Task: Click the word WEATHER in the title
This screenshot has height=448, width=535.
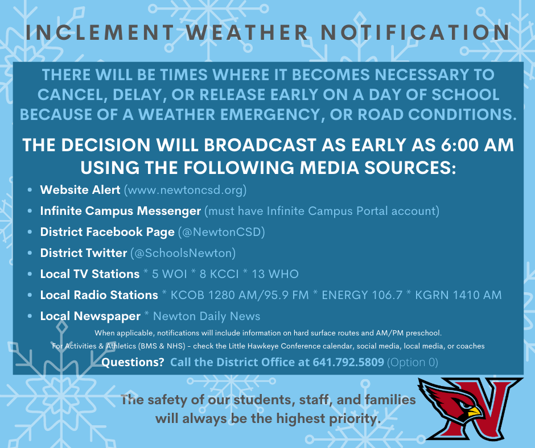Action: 248,32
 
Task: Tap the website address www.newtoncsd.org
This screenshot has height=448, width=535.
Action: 185,190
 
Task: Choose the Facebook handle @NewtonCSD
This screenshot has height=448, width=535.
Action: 222,232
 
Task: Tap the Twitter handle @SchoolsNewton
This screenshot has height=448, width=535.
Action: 183,254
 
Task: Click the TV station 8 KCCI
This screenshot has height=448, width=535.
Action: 219,274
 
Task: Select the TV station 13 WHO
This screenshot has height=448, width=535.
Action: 275,274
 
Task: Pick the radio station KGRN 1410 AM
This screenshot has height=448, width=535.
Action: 458,295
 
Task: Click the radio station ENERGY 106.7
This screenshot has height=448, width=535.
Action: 362,295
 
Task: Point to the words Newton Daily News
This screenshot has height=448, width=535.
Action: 207,317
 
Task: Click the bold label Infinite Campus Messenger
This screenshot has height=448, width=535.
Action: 121,211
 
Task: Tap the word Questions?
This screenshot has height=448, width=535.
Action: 133,362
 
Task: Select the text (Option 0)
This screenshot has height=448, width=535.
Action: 413,362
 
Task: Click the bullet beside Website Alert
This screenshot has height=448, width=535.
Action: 30,190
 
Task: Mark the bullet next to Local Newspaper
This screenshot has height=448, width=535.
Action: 30,317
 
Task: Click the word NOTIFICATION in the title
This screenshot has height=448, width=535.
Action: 415,32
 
